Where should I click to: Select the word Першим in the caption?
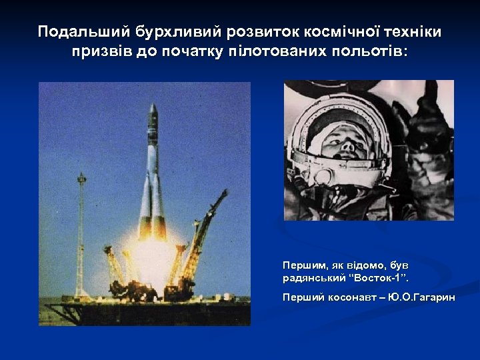301,265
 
